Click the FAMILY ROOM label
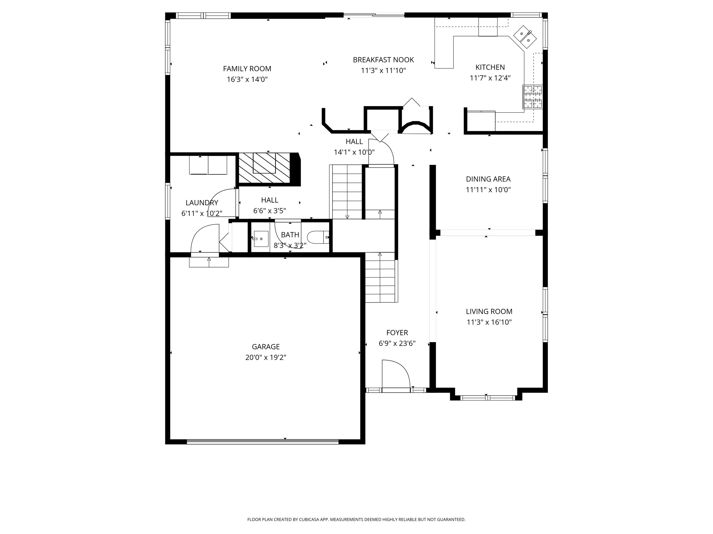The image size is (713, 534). (247, 69)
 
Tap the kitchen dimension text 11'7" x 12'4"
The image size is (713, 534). (490, 78)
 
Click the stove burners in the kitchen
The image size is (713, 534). (532, 97)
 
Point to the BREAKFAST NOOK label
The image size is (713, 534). (383, 60)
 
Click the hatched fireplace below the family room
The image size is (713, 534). (264, 168)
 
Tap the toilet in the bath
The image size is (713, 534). (318, 237)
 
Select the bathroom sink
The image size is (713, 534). (261, 239)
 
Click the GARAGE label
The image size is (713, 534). (266, 347)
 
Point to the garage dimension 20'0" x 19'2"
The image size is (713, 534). (266, 357)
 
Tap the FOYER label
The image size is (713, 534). (397, 333)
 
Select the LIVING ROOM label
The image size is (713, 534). (489, 311)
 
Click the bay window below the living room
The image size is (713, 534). (487, 398)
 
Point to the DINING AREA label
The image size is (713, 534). (488, 179)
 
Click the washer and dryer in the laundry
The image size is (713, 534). (208, 165)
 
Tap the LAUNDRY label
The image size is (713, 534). (202, 203)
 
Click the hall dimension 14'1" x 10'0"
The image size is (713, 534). (354, 152)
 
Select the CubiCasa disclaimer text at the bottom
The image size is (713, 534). (356, 519)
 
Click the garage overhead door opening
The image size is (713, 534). (263, 442)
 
